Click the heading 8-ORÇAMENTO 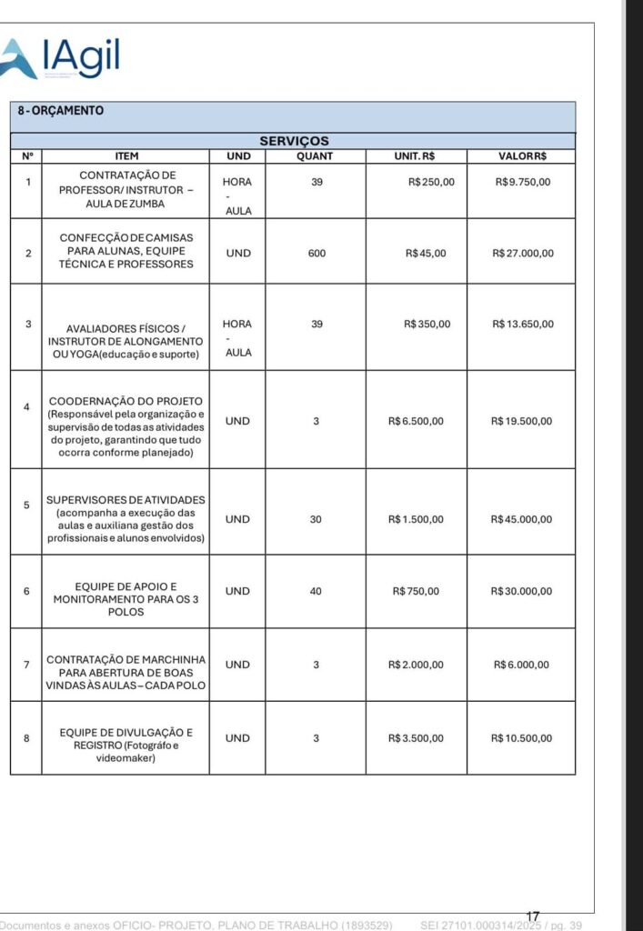coord(61,111)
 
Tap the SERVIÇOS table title coord(294,141)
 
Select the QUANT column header coord(316,155)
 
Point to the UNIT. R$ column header coord(415,155)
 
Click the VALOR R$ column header coord(522,155)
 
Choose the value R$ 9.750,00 coord(522,182)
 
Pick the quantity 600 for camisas coord(316,253)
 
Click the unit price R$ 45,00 coord(426,253)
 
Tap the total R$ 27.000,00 coord(522,253)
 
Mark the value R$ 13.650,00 coord(522,324)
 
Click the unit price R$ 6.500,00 coord(416,421)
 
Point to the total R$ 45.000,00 coord(521,519)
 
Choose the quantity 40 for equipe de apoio coord(316,591)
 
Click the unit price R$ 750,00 coord(416,591)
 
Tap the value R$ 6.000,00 coord(521,665)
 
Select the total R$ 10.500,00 coord(521,738)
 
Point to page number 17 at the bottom coord(533,916)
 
